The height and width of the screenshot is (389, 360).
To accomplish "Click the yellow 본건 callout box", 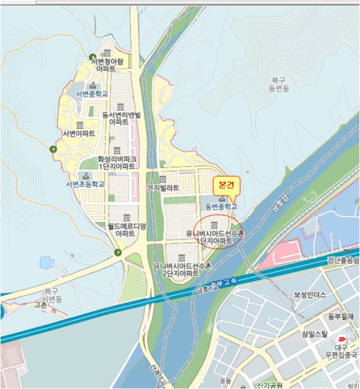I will [225, 184].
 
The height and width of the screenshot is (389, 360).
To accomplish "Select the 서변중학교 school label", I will [92, 93].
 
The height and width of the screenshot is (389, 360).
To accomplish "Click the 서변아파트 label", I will [79, 134].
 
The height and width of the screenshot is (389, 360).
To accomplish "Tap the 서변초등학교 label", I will [85, 184].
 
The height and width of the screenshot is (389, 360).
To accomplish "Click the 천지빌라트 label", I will [163, 188].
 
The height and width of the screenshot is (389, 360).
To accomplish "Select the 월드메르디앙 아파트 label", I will [127, 230].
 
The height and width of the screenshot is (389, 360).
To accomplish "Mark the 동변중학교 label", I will [221, 207].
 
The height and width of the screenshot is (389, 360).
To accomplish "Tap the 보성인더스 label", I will [310, 295].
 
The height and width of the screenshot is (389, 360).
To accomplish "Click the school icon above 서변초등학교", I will [85, 176].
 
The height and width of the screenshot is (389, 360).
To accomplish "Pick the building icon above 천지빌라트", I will [163, 179].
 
